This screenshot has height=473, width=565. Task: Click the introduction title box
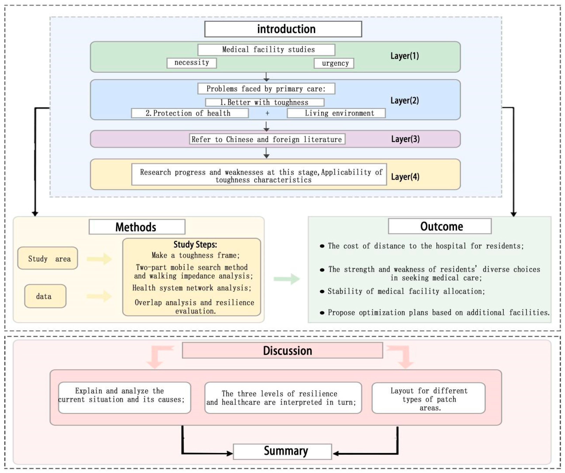click(x=283, y=29)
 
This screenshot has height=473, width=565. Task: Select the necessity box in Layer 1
click(x=192, y=63)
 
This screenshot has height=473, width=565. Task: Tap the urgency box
click(x=334, y=63)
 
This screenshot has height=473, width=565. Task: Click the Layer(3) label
click(x=405, y=139)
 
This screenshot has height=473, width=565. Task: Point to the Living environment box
click(x=336, y=113)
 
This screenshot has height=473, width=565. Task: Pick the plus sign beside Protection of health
click(x=267, y=113)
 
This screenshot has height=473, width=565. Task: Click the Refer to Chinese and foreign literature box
click(x=267, y=139)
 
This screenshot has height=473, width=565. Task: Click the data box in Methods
click(x=45, y=296)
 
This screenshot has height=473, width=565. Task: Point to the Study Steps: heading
click(x=195, y=244)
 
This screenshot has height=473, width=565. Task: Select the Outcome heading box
click(x=440, y=226)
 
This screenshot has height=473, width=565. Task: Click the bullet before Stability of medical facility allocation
click(x=322, y=292)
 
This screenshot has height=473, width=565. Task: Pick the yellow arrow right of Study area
click(x=99, y=259)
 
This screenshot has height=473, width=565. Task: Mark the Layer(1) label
click(x=404, y=56)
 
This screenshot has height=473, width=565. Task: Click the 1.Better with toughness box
click(x=264, y=102)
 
